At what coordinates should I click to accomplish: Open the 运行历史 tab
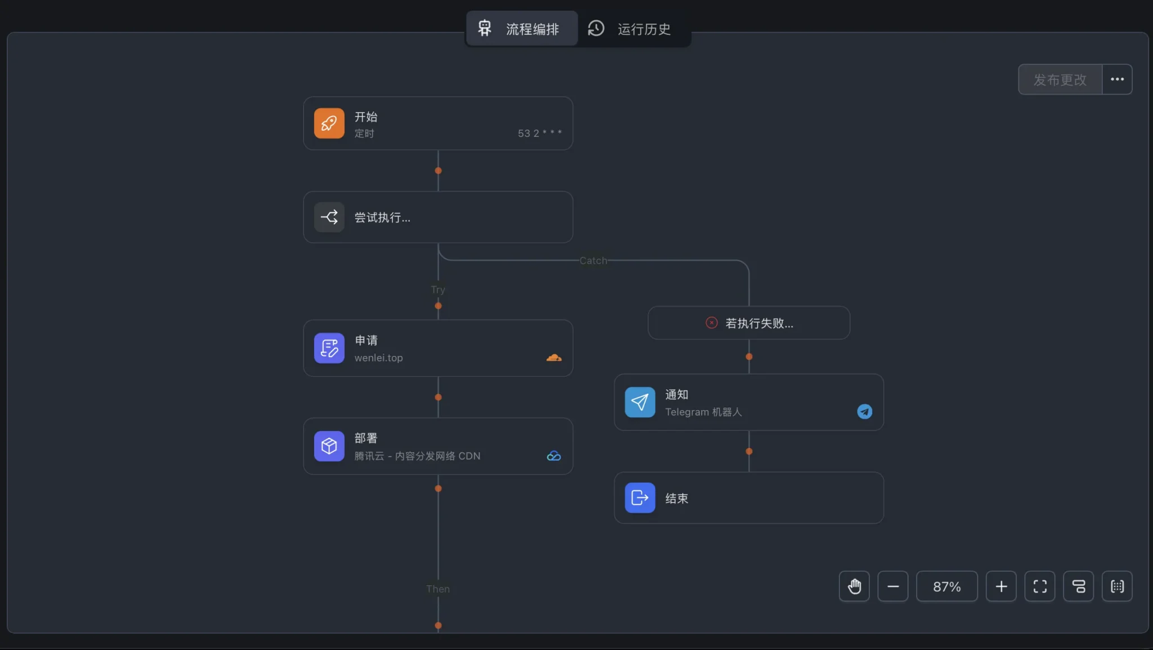[629, 28]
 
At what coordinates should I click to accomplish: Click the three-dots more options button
[1117, 79]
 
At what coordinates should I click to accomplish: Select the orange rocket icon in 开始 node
[329, 123]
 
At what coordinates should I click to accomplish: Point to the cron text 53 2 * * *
[539, 133]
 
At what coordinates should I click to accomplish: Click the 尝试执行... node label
[382, 217]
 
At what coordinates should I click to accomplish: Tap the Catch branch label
[593, 261]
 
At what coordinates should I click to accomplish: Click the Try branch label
[438, 290]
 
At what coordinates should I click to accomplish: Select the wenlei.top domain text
[378, 358]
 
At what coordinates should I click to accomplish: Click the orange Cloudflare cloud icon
[554, 358]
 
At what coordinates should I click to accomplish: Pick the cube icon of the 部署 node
[329, 446]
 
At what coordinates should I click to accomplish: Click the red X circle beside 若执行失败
[712, 323]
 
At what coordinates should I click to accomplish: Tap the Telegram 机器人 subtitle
[703, 412]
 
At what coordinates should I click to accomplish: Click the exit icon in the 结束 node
[640, 498]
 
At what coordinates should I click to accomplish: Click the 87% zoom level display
[947, 586]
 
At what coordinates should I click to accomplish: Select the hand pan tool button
[854, 586]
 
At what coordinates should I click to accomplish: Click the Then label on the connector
[438, 589]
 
